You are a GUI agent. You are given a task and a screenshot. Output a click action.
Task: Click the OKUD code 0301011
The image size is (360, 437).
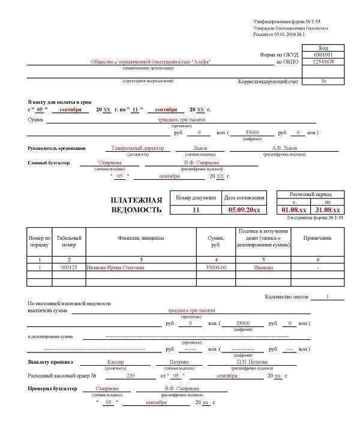(323, 55)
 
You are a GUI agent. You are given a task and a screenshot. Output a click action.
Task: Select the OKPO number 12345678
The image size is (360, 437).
(323, 62)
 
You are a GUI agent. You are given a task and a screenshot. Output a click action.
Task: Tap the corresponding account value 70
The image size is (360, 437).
(323, 81)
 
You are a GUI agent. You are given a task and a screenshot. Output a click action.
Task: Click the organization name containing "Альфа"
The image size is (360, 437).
(151, 62)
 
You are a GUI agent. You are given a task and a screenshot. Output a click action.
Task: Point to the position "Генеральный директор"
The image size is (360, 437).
(137, 148)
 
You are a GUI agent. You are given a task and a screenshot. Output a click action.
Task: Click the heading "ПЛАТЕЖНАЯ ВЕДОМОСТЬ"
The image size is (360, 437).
(136, 205)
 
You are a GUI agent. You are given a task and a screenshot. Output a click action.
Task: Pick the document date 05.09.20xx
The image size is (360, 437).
(244, 210)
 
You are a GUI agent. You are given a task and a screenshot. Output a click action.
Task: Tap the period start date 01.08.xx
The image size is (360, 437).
(294, 210)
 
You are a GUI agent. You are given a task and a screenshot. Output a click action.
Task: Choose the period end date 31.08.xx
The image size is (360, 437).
(328, 210)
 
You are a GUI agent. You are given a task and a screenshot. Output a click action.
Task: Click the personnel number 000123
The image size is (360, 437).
(69, 268)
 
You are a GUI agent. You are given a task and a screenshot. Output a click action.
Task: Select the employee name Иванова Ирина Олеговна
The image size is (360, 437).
(116, 268)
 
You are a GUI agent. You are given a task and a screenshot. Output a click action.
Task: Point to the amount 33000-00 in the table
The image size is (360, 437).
(216, 268)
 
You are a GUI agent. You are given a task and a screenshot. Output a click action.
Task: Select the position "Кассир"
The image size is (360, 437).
(115, 362)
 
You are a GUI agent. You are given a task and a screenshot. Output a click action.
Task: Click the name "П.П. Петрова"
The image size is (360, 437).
(252, 362)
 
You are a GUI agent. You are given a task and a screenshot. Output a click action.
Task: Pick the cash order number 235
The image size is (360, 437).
(132, 375)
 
